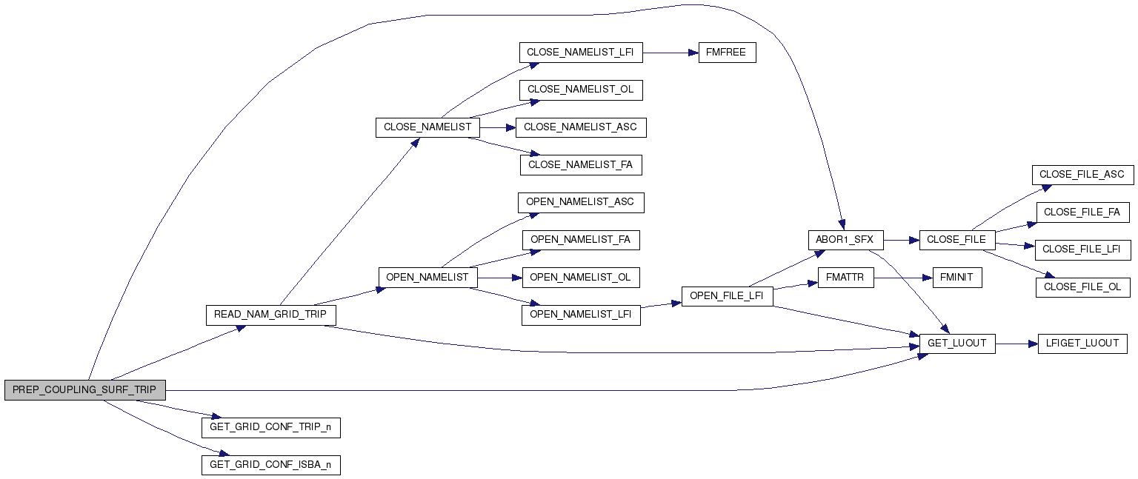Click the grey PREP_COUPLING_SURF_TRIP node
coord(84,390)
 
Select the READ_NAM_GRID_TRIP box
coord(270,315)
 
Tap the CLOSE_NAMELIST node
coord(427,127)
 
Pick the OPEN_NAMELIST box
coord(427,277)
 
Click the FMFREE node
coord(727,53)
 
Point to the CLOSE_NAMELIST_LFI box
coord(581,53)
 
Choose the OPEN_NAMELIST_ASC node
coord(580,202)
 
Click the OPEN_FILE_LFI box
coord(728,296)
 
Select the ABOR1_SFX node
coord(845,240)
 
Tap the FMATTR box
coord(845,278)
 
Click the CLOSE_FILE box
coord(956,240)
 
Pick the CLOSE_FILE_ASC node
coord(1082,175)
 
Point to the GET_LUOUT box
coord(956,344)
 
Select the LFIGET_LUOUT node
coord(1082,344)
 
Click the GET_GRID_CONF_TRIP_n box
coord(270,427)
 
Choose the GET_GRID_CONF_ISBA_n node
coord(270,465)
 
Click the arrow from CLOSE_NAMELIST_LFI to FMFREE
coord(671,53)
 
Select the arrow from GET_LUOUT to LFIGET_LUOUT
coord(1016,344)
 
